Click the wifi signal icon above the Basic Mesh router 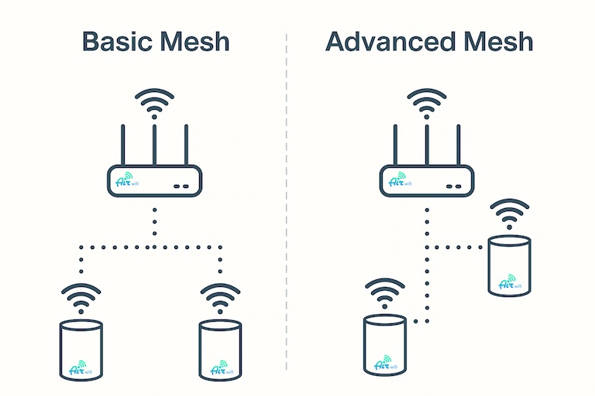click(x=155, y=101)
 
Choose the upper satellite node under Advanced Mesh click(x=510, y=265)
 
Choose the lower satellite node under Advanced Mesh click(x=385, y=343)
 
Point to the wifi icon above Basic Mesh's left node click(x=81, y=298)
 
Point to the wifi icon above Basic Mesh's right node click(x=221, y=298)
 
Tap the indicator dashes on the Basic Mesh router click(x=182, y=186)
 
